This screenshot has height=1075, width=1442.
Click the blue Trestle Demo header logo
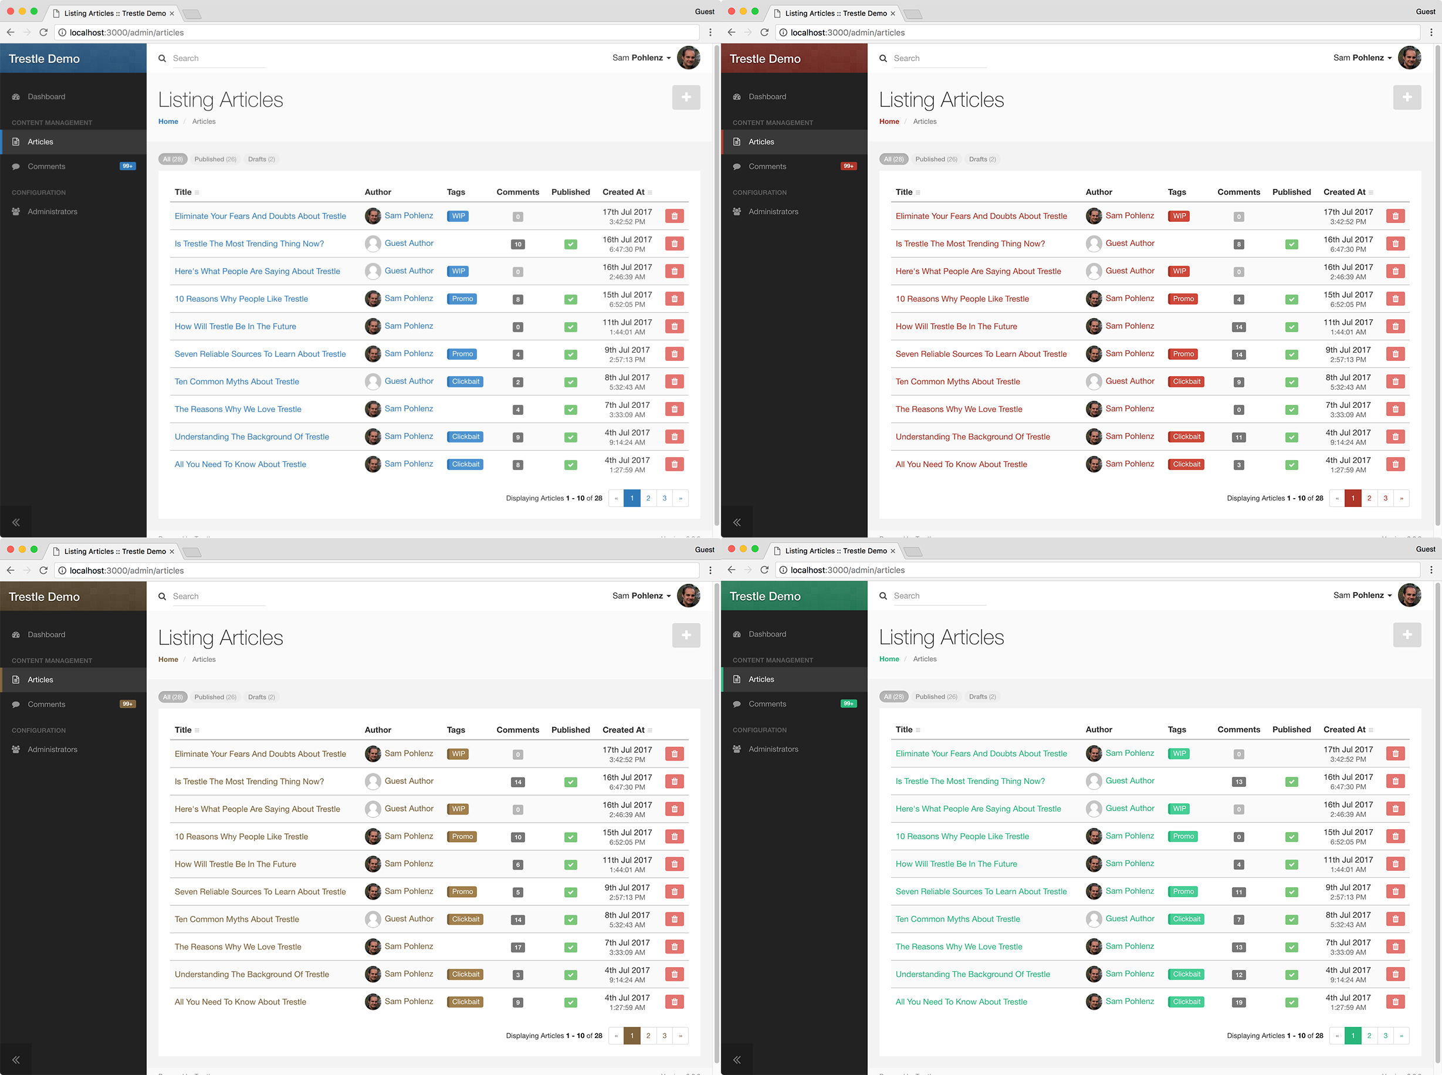[44, 59]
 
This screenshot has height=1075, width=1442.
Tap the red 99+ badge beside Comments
[848, 166]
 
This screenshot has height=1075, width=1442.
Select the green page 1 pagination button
[1352, 1035]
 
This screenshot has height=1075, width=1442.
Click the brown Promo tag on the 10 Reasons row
[462, 836]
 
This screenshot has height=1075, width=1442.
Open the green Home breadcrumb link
[888, 658]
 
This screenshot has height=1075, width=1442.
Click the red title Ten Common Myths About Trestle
[957, 381]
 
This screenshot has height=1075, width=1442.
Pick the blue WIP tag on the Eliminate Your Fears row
[458, 216]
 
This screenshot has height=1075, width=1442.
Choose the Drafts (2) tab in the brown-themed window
[261, 697]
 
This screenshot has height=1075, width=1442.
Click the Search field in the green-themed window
[939, 596]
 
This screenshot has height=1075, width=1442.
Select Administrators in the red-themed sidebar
[773, 211]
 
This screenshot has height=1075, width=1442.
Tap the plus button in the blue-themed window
[686, 97]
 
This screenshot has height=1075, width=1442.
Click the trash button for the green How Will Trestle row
[1394, 864]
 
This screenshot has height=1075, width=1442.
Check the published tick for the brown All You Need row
[570, 1002]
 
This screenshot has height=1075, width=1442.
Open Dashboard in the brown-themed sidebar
[46, 634]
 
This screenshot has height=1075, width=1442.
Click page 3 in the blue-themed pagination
[664, 498]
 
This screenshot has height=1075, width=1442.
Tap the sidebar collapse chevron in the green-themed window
[736, 1059]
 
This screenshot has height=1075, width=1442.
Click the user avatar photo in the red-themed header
[1409, 58]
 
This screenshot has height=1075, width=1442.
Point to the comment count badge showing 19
[1238, 1002]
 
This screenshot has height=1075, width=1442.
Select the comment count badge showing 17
[518, 947]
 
